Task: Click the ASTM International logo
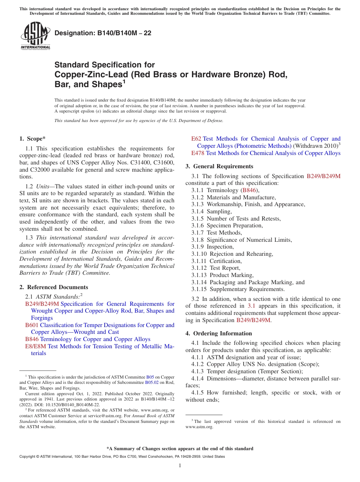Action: [35, 36]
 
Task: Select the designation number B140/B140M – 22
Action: [103, 33]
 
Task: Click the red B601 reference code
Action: [32, 325]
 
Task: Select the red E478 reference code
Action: [198, 153]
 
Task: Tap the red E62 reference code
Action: [196, 139]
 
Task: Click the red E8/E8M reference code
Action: [36, 346]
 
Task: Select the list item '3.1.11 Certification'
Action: [216, 261]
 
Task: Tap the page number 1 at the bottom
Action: [180, 465]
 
